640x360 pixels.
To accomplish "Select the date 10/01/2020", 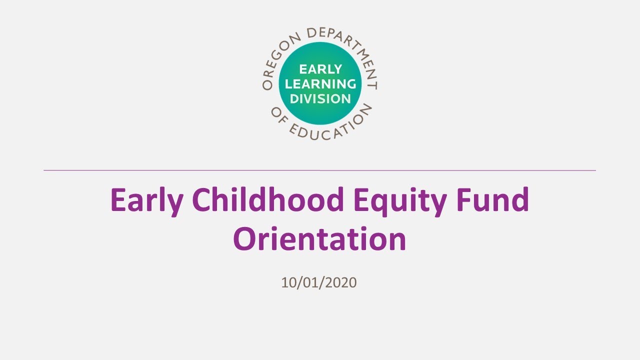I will [x=319, y=282].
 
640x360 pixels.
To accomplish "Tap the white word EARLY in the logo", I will [x=320, y=69].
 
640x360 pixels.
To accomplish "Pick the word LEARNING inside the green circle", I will [x=320, y=83].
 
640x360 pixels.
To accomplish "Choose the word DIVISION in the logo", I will [x=320, y=98].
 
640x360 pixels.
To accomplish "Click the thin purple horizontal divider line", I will [x=320, y=170].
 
